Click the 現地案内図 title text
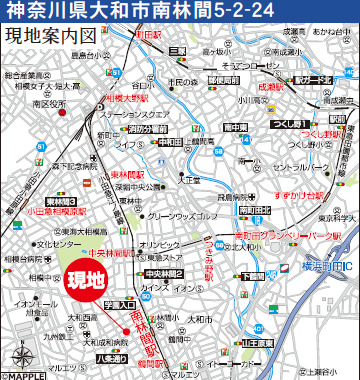50,36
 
